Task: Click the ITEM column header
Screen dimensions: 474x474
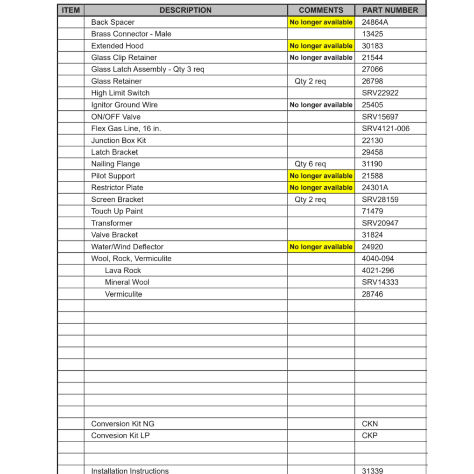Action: pos(71,10)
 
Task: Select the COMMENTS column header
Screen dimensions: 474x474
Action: pos(321,10)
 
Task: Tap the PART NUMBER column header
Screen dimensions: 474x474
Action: pos(390,10)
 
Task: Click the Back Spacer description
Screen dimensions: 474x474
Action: pos(113,22)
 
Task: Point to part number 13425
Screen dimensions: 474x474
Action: pos(372,34)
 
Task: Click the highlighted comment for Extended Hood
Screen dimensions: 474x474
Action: pos(321,46)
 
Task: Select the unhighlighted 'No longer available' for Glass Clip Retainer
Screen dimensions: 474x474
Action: pos(321,57)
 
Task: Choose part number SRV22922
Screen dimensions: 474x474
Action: pos(380,93)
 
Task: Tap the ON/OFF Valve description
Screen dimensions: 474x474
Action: pos(116,117)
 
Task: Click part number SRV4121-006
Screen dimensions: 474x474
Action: pos(385,128)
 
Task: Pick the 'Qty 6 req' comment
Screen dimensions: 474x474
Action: pos(310,164)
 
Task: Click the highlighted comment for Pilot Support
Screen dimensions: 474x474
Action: pos(321,176)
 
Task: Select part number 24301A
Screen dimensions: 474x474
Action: pos(375,188)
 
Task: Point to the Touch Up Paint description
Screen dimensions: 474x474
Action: pos(117,211)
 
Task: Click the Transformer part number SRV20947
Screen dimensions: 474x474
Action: pos(380,223)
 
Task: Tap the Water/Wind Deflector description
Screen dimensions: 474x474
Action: pos(127,247)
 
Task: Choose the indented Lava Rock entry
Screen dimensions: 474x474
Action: pos(123,270)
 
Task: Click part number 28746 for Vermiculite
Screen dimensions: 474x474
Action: pos(372,294)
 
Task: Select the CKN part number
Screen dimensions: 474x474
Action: pos(370,424)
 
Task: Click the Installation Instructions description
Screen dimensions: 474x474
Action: pos(130,470)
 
